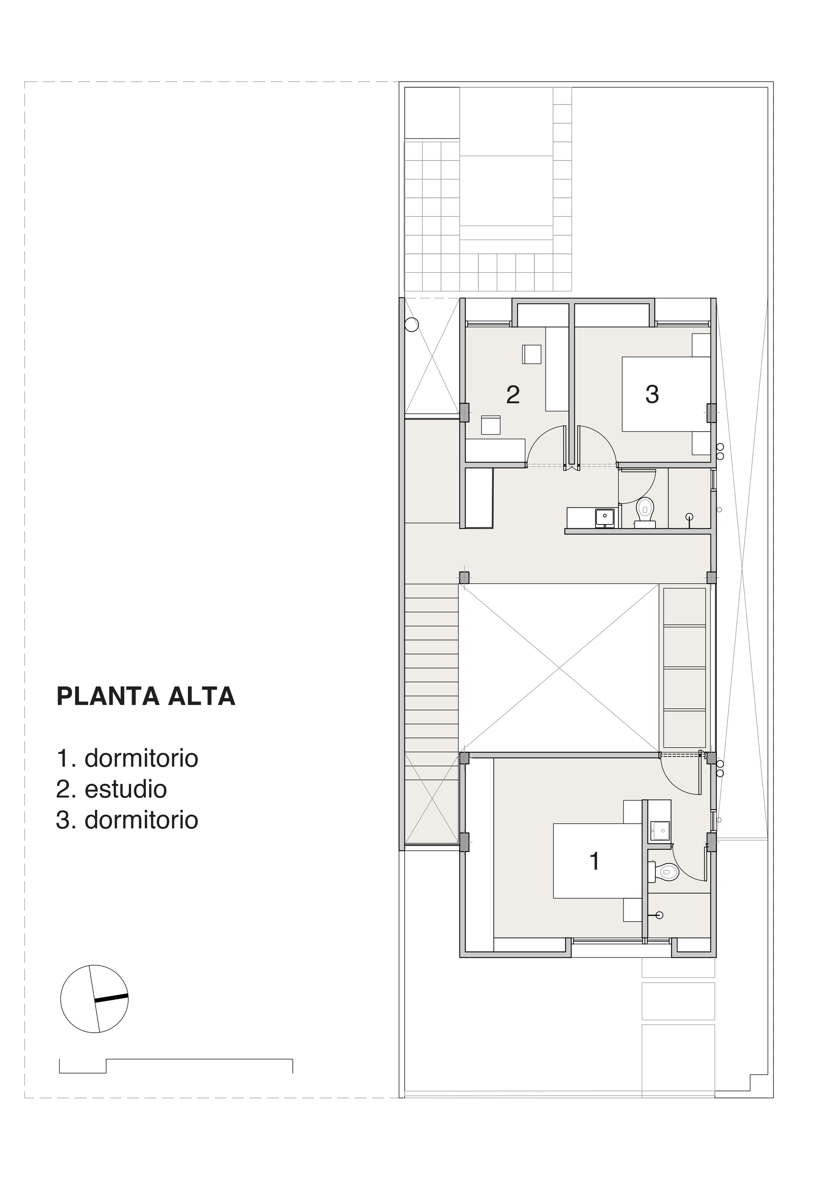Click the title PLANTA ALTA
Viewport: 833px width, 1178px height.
(x=146, y=697)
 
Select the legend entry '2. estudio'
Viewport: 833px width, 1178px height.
(x=111, y=789)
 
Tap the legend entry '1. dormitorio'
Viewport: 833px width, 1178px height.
(x=127, y=758)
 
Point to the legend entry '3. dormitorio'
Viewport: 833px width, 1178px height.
(x=127, y=820)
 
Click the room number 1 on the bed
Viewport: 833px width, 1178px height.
(x=594, y=861)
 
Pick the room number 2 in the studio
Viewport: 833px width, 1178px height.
(x=513, y=395)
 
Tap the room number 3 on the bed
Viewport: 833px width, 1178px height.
(x=652, y=395)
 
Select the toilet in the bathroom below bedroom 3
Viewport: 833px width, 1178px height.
(x=645, y=509)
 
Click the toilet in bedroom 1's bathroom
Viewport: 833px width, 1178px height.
(x=667, y=871)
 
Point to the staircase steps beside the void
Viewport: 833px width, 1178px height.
(x=431, y=667)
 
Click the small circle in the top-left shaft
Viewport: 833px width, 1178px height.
(x=412, y=325)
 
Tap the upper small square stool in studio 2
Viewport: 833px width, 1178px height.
(x=532, y=354)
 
